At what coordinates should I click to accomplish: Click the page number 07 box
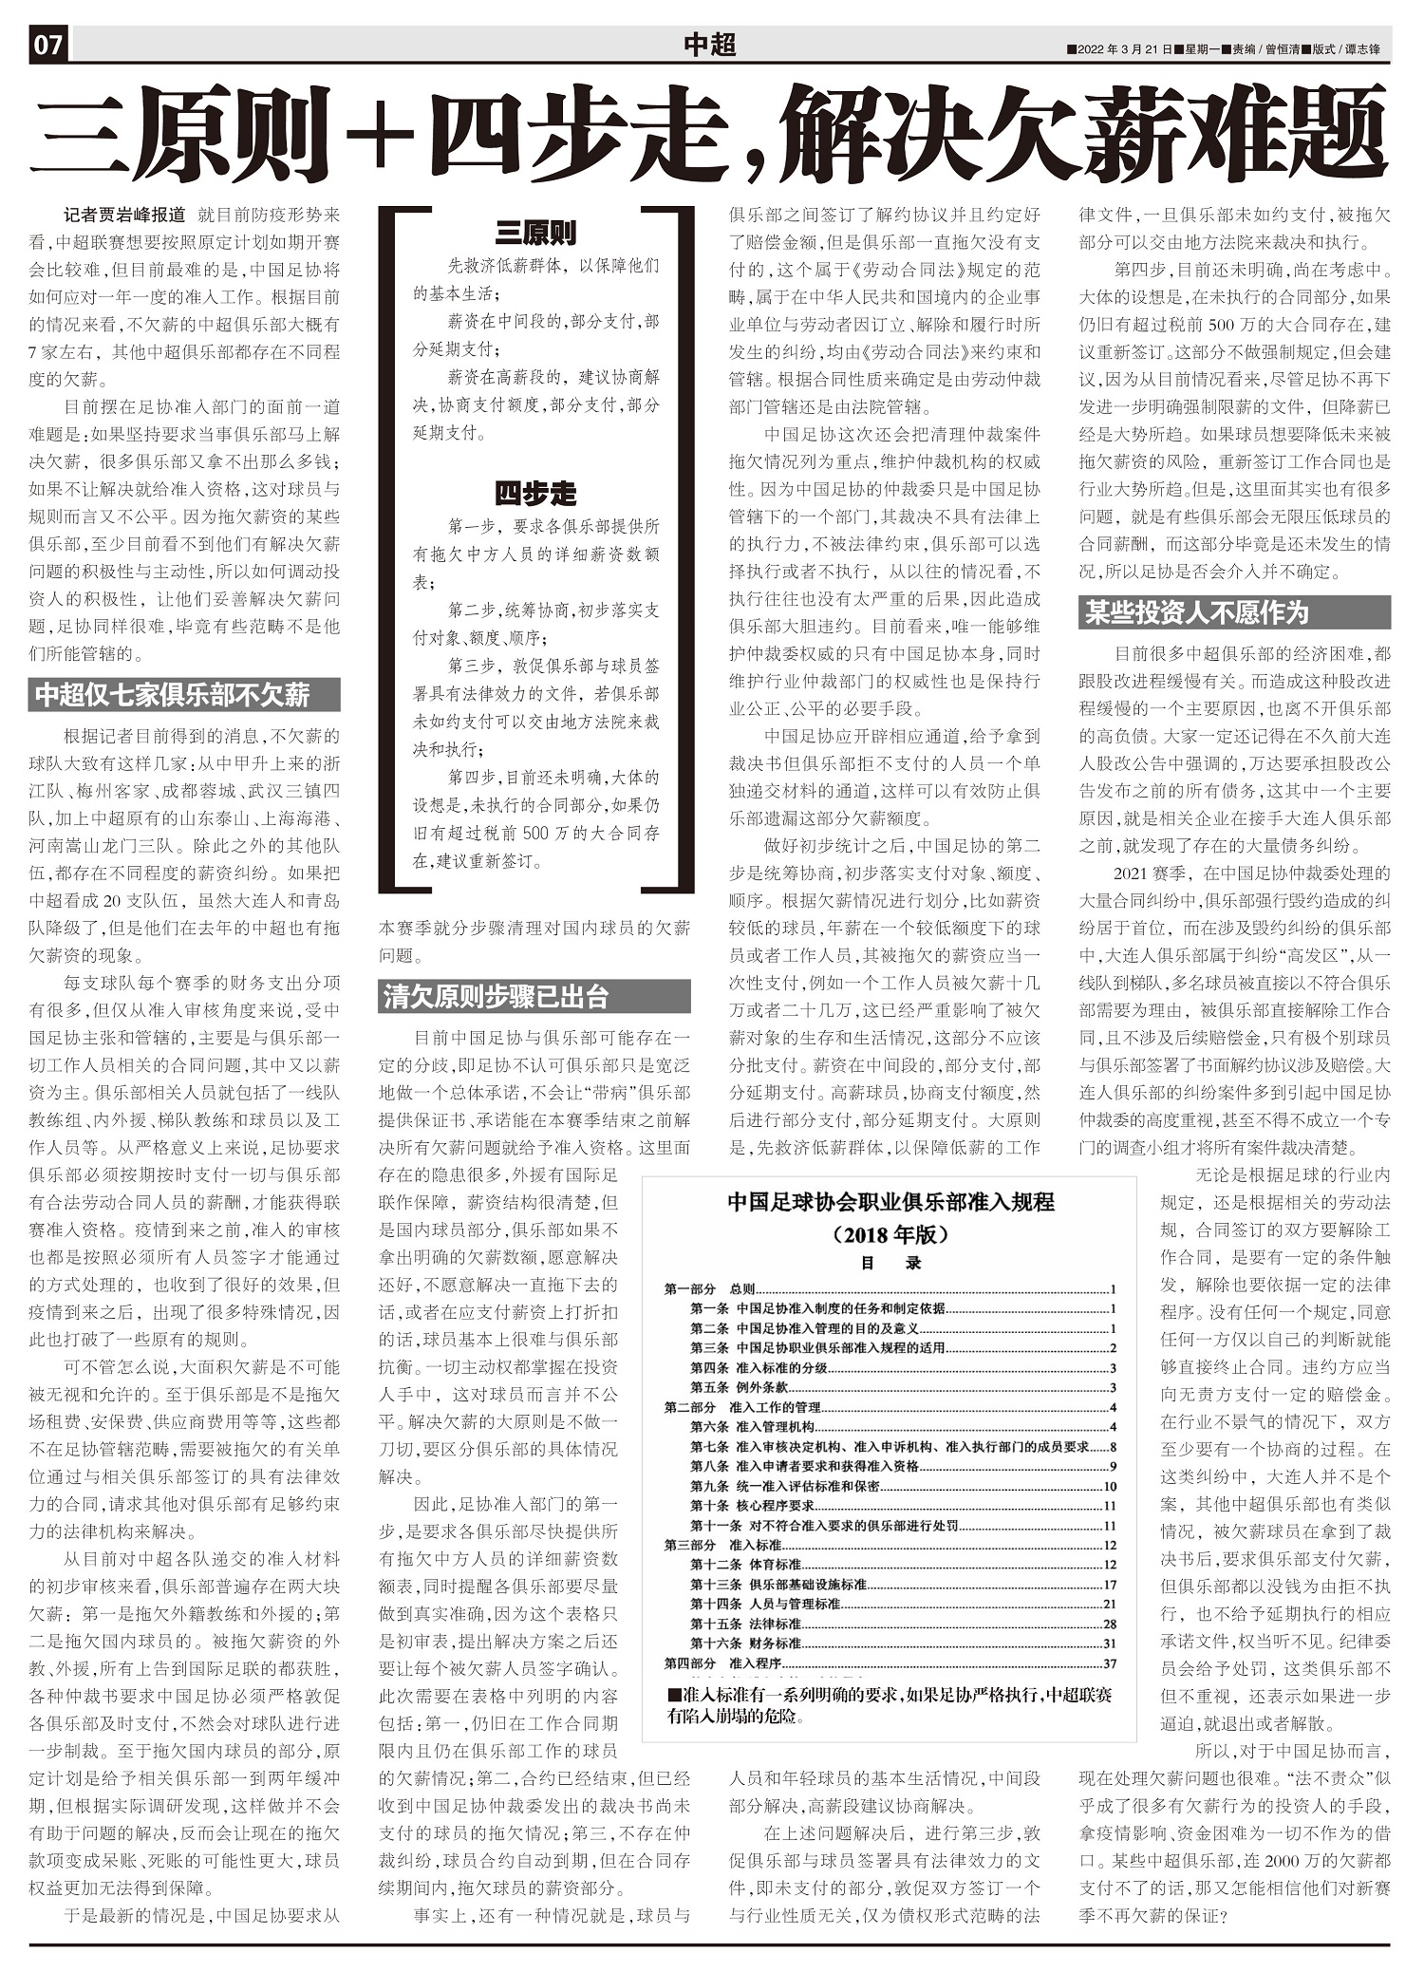tap(48, 46)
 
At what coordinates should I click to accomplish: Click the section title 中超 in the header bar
tap(709, 45)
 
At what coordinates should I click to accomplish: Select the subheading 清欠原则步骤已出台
tap(495, 997)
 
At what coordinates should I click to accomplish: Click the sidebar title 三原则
tap(535, 233)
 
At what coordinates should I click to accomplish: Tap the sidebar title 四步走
tap(535, 494)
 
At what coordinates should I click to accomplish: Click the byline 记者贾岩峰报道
tap(124, 215)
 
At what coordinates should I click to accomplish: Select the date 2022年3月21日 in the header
tap(1125, 49)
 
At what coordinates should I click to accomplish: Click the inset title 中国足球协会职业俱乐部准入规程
tap(890, 1202)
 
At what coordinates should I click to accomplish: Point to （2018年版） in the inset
tap(890, 1235)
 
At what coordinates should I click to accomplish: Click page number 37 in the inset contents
tap(1110, 1663)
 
